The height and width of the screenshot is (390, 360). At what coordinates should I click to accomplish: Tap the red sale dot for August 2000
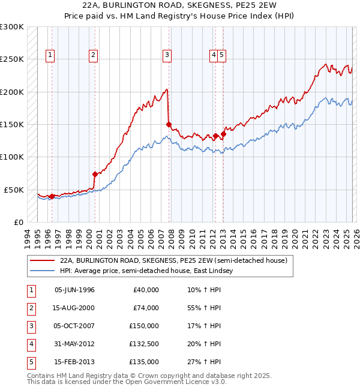95,174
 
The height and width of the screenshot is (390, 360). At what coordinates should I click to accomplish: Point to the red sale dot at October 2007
169,125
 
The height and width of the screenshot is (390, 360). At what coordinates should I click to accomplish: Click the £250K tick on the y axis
12,59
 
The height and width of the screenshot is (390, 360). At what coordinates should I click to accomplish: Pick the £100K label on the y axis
12,157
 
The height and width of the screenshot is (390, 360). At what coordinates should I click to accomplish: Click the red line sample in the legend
42,260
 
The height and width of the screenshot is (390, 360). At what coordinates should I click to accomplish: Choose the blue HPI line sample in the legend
42,271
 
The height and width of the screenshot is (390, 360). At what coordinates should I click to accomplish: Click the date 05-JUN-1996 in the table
74,290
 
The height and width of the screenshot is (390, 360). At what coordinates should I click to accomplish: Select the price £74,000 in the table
146,308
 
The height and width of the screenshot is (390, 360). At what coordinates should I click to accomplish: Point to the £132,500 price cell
144,344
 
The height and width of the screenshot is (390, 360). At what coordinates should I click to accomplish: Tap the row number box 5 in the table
30,362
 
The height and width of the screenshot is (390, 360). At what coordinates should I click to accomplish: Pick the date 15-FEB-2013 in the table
74,362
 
